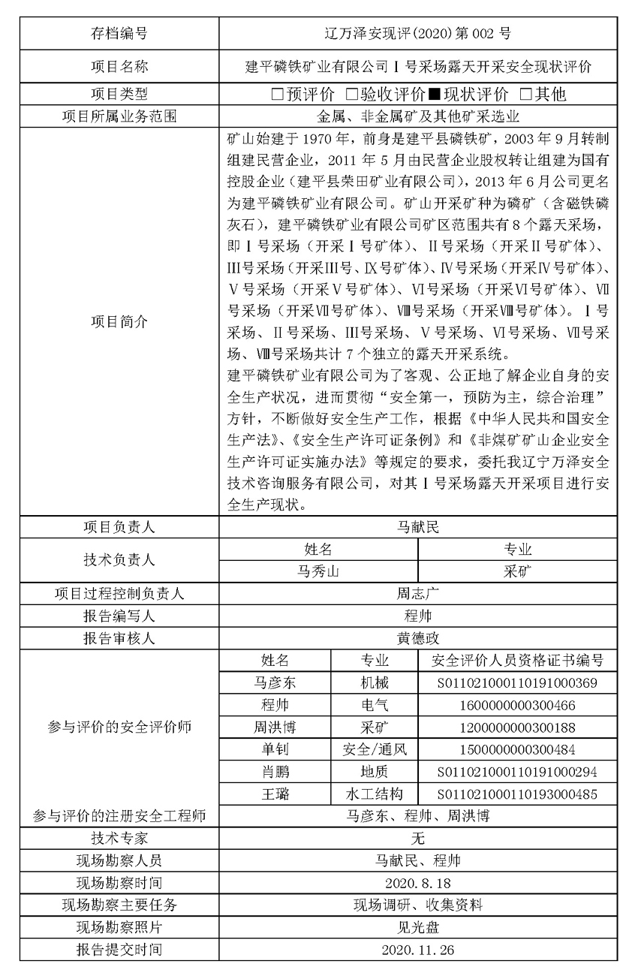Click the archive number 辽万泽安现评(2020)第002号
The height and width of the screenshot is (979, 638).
(418, 33)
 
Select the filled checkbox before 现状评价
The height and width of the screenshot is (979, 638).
(434, 95)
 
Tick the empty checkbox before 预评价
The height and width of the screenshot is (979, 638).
(277, 95)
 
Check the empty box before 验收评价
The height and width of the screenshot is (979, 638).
(351, 95)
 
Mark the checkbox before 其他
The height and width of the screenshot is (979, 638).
(525, 95)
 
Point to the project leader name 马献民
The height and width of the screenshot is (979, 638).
(418, 527)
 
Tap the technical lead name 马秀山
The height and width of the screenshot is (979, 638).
(318, 571)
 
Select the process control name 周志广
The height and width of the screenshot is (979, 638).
(418, 593)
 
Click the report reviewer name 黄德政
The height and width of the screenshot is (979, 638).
(418, 638)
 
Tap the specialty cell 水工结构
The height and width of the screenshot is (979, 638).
(375, 794)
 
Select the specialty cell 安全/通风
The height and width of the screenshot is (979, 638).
(375, 749)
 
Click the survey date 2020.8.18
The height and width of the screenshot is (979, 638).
(418, 882)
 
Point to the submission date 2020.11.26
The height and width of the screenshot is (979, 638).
(418, 949)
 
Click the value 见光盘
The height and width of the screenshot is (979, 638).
(418, 926)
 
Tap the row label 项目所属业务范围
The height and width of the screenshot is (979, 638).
(119, 116)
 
